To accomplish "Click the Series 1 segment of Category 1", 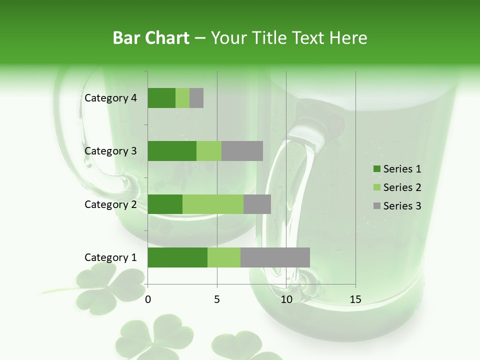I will click(x=177, y=257).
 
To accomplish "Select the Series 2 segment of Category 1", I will click(x=224, y=257).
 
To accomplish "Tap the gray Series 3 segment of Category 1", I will click(x=275, y=257).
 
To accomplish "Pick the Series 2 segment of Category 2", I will click(x=213, y=204).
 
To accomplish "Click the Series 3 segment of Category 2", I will click(x=257, y=204).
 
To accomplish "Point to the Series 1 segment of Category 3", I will click(x=172, y=151).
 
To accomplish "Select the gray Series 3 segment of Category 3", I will click(x=242, y=151).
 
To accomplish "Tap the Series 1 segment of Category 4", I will click(x=161, y=98).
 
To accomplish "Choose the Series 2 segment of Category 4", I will click(x=182, y=98).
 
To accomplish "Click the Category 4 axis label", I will click(x=110, y=98).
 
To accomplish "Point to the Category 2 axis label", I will click(x=110, y=204).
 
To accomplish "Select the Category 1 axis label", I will click(x=110, y=257).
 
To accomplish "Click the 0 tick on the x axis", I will click(x=148, y=299).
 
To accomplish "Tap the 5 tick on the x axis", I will click(x=217, y=299).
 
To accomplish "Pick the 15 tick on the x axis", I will click(x=355, y=299).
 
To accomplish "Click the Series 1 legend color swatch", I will click(x=376, y=169).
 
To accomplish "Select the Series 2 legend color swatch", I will click(x=376, y=187).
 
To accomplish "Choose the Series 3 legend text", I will click(x=402, y=206).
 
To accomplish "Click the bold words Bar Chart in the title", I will click(x=151, y=38).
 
